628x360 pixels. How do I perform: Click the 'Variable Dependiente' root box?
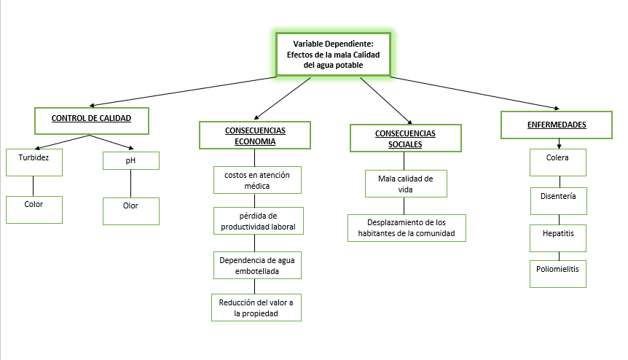click(x=333, y=55)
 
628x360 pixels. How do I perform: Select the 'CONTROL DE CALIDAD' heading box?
click(x=92, y=120)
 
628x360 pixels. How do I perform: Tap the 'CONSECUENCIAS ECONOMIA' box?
click(x=255, y=136)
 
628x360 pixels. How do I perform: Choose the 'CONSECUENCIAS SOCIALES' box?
click(x=406, y=138)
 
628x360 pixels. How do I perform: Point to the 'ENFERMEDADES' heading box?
click(x=557, y=125)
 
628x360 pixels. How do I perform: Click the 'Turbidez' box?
click(x=34, y=163)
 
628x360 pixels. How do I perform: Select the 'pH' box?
click(x=131, y=160)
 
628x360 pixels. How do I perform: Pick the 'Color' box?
click(x=34, y=210)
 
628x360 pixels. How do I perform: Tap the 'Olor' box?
click(x=131, y=211)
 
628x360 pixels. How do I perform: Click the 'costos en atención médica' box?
click(x=257, y=180)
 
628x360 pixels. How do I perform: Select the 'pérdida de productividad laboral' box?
click(x=259, y=221)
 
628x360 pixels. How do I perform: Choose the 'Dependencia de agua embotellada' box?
click(x=257, y=265)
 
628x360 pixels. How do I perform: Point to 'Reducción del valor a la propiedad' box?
click(x=256, y=308)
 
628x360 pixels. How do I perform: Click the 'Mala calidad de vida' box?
click(x=406, y=184)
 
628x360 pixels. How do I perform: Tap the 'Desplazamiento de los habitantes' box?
click(x=407, y=228)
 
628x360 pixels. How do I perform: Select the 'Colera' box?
click(x=558, y=163)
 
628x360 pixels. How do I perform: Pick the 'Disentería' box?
click(x=559, y=201)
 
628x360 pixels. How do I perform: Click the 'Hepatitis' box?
click(x=558, y=238)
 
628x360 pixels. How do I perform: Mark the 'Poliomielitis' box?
click(x=558, y=274)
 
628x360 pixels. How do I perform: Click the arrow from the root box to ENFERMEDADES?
click(x=475, y=93)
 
